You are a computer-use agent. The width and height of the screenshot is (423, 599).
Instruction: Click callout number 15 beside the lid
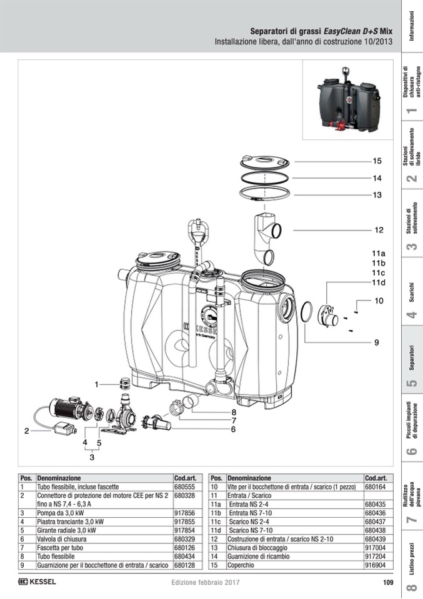377,161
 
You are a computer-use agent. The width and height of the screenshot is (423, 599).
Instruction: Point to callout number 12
379,230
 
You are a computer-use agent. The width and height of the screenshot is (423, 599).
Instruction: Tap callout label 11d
379,283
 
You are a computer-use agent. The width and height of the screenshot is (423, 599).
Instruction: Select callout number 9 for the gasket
377,343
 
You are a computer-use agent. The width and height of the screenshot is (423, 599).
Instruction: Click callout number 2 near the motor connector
27,431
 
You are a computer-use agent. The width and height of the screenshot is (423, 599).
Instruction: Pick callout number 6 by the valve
233,429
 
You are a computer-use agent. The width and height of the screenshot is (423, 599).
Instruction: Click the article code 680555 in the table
184,487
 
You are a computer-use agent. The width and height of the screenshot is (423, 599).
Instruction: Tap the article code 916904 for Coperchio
376,565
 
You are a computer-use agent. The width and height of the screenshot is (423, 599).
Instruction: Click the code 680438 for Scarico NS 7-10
376,530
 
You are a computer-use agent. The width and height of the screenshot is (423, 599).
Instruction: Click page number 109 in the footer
388,583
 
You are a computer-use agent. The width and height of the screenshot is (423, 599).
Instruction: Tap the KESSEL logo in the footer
37,582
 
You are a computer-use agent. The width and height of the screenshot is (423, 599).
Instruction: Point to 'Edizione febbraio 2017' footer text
206,583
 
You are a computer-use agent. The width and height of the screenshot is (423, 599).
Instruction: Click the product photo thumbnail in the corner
348,100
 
